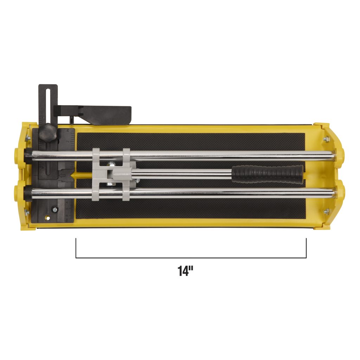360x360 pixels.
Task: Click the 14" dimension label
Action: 186,271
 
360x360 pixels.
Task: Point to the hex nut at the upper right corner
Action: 326,139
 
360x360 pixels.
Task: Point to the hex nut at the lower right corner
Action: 326,211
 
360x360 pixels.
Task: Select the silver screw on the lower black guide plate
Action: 55,210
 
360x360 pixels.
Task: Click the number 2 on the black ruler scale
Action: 68,141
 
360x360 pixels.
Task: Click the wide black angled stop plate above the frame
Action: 105,115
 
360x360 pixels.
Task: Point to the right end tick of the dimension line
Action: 306,247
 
